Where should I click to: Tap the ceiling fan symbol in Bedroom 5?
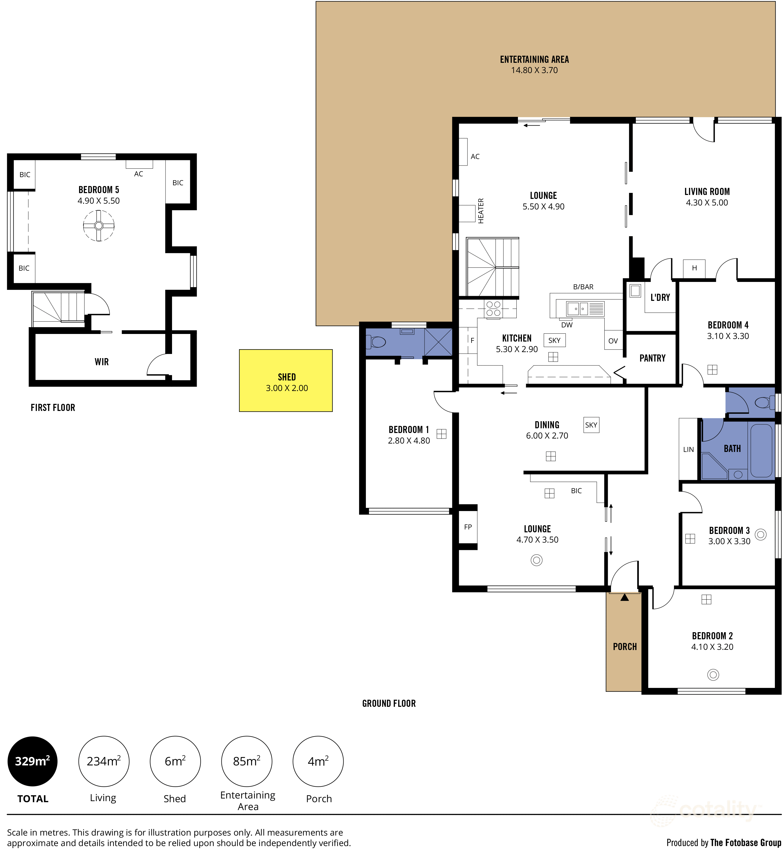99,225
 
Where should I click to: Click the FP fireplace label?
468,527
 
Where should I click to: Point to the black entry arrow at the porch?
625,597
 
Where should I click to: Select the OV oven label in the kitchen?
613,341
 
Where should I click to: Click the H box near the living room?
694,268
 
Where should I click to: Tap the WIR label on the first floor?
102,362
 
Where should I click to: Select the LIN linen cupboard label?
688,449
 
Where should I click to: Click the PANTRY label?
652,358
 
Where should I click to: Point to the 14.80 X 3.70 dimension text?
534,70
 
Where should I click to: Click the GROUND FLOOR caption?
388,703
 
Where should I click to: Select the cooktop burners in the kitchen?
493,308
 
